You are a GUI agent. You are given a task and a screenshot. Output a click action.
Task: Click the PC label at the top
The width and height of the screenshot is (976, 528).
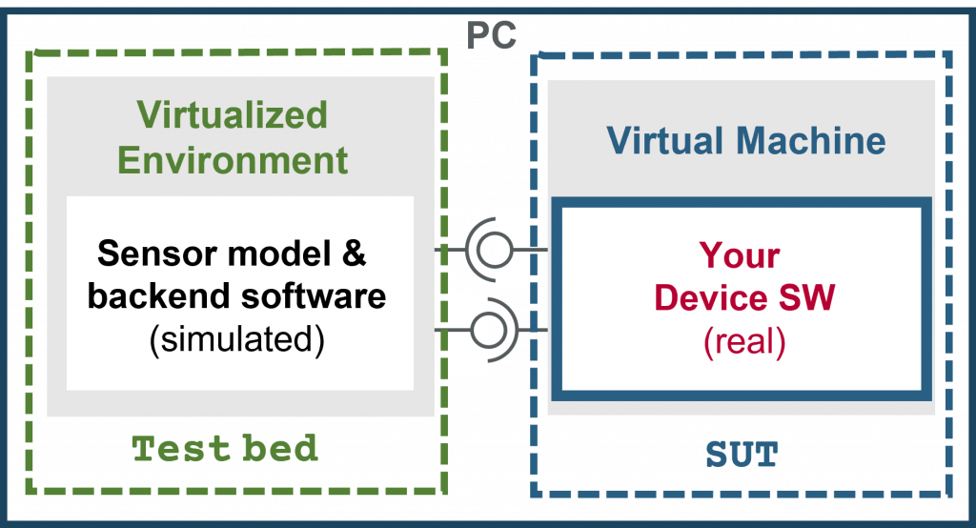[x=491, y=35]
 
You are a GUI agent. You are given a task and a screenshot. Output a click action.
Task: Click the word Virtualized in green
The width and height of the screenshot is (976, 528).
[x=233, y=114]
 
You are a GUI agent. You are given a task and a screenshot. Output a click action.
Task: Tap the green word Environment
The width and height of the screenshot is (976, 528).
[x=233, y=160]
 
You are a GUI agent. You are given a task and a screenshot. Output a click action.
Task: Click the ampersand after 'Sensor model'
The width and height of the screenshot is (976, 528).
[x=354, y=253]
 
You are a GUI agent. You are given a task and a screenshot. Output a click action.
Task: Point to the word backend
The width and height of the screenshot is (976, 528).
[x=160, y=295]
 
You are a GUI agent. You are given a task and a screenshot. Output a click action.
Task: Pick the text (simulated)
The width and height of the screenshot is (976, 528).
[x=237, y=340]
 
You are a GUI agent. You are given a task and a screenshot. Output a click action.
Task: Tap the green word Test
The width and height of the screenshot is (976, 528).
[x=181, y=448]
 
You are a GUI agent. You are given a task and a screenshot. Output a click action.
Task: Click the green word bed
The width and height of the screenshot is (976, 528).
[x=280, y=448]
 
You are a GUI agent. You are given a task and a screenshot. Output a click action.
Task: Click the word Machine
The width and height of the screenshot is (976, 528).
[x=811, y=140]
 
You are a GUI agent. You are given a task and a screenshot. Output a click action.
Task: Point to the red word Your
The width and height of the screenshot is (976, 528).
[x=740, y=255]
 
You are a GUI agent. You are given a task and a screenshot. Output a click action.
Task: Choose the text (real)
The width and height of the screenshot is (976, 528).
[x=744, y=342]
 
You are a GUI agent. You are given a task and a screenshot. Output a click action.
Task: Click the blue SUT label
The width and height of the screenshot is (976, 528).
[x=742, y=455]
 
